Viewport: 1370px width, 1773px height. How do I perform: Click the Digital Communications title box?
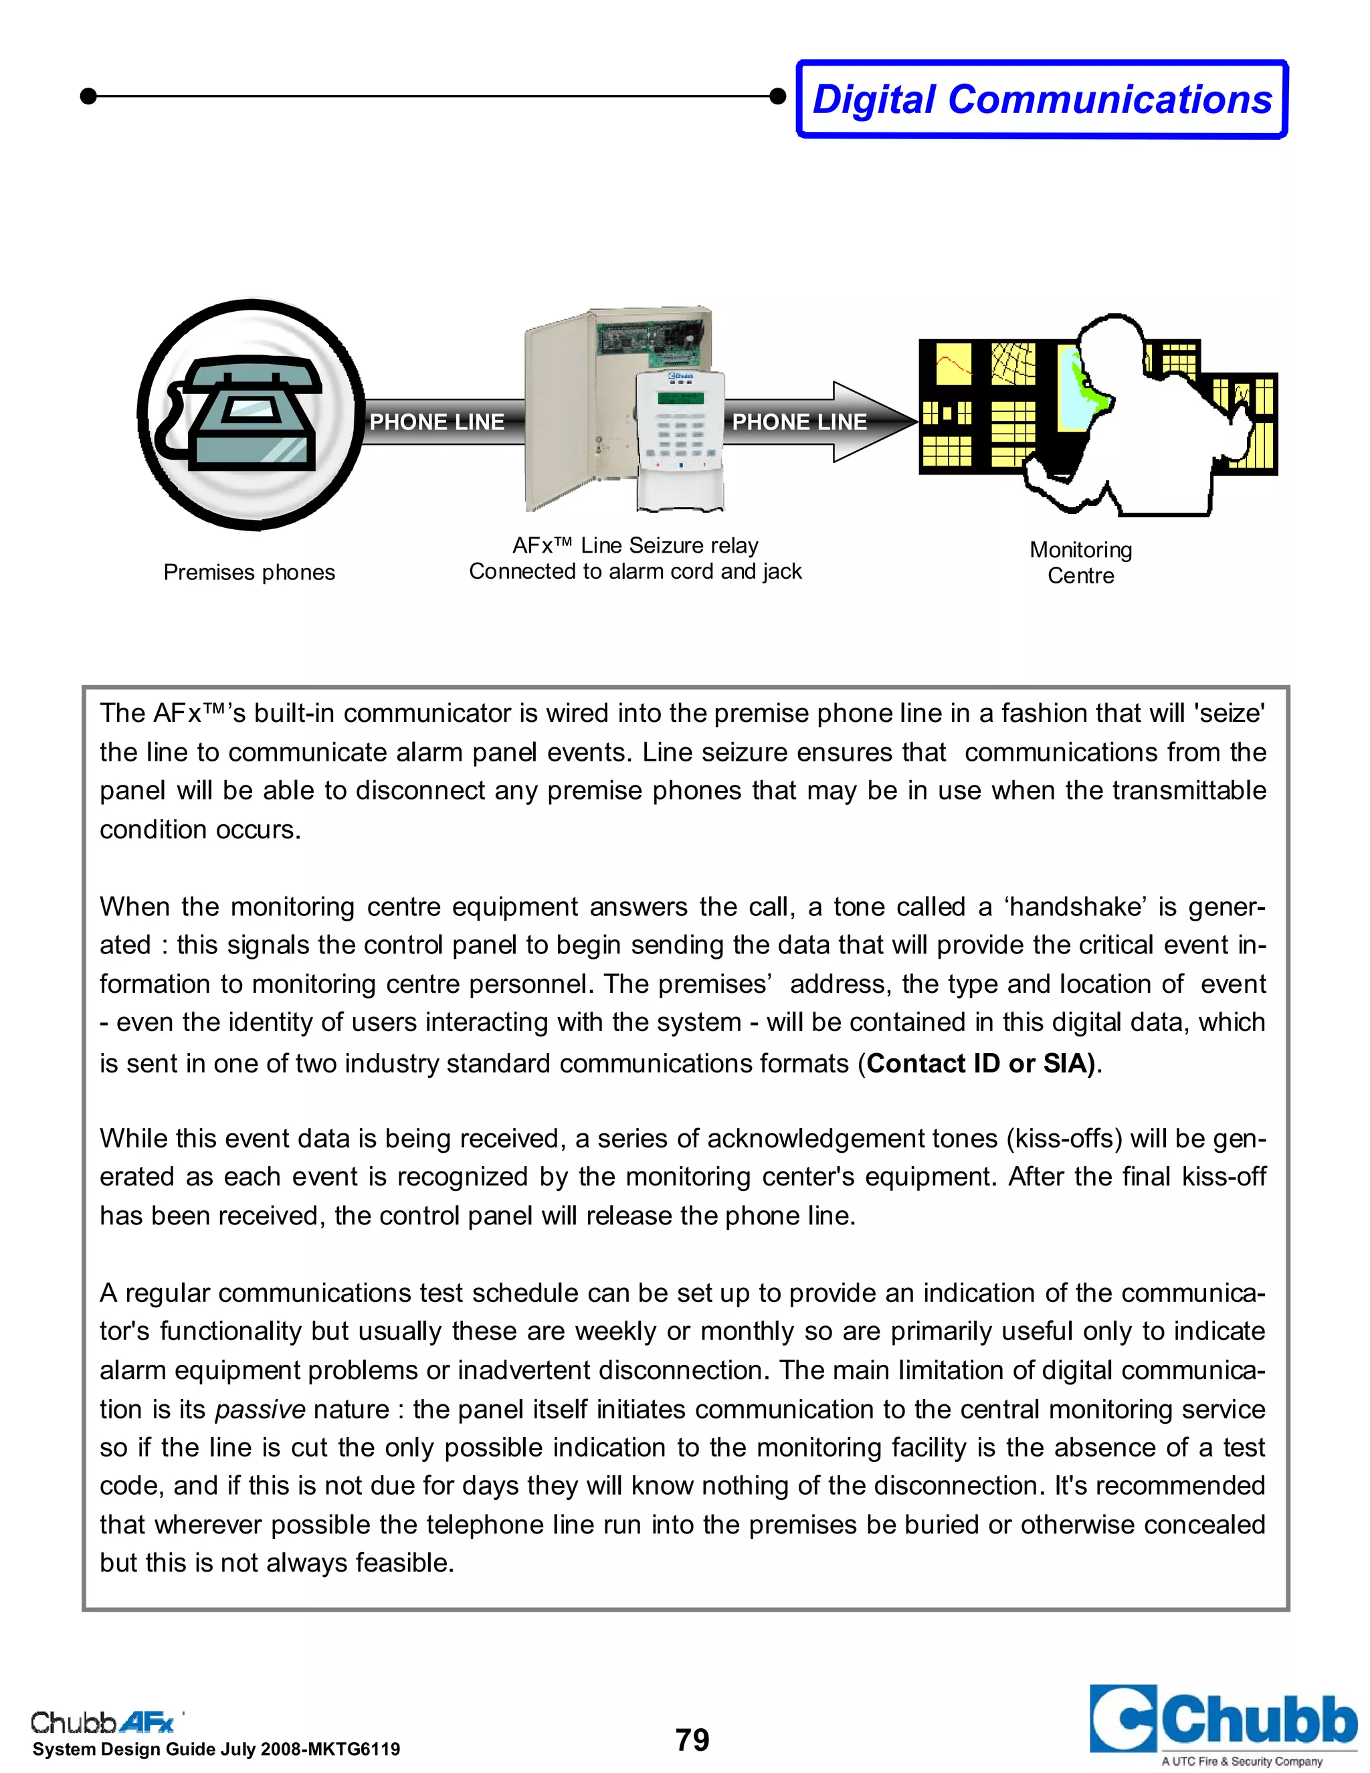[1042, 99]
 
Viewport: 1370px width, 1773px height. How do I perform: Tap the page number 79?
[692, 1740]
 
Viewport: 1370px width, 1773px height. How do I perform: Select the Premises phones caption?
[249, 572]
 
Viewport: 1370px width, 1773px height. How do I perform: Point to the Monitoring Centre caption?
[1080, 563]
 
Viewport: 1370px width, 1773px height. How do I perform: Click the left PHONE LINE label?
[437, 422]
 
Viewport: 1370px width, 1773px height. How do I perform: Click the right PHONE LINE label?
[799, 422]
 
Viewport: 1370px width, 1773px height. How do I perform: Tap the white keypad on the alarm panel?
[680, 438]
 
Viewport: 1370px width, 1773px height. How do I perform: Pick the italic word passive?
[260, 1409]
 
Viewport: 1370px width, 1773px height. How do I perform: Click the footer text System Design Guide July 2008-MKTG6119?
[216, 1750]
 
